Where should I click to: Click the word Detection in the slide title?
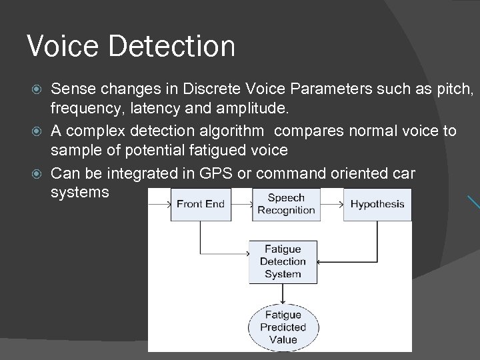click(x=173, y=47)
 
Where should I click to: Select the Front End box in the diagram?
click(x=201, y=204)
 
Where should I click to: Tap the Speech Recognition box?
click(x=286, y=204)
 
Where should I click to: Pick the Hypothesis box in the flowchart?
click(x=377, y=204)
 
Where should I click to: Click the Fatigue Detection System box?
click(x=283, y=261)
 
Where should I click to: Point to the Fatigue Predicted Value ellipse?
click(x=283, y=327)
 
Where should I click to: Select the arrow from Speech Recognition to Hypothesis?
click(x=331, y=204)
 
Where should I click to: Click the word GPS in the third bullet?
click(x=212, y=174)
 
